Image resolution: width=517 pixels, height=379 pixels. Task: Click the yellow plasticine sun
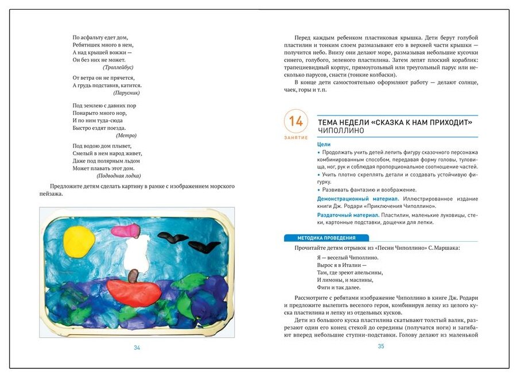79,241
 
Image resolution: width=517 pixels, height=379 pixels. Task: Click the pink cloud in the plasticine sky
126,231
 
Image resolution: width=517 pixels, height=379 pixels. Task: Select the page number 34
137,347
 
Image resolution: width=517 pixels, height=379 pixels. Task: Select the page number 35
380,346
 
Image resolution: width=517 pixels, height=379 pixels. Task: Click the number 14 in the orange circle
296,121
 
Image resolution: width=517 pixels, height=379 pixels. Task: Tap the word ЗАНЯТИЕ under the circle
296,138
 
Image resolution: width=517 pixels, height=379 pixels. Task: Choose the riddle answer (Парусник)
126,92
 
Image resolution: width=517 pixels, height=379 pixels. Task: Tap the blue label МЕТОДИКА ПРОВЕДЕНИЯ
326,238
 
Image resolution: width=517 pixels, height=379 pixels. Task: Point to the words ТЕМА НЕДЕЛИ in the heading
343,121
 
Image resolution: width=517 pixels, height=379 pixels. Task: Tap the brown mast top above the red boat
133,274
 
